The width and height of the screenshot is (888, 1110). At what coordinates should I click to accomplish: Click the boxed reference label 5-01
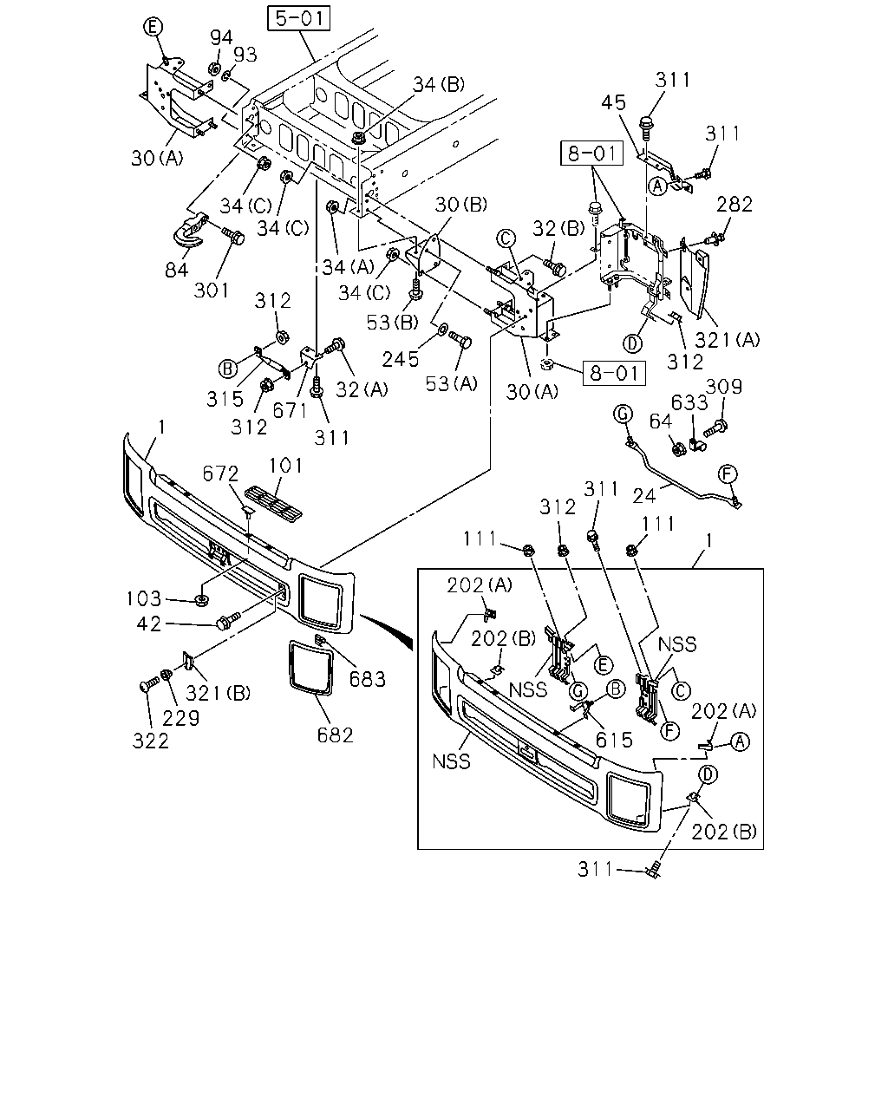coord(299,18)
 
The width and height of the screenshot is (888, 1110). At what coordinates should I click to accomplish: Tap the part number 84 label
coord(176,269)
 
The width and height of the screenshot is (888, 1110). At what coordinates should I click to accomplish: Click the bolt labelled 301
coord(232,237)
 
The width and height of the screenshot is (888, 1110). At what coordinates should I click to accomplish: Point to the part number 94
coord(221,37)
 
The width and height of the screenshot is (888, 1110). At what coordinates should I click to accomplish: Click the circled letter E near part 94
coord(153,27)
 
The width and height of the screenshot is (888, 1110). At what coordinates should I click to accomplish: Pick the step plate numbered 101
coord(273,499)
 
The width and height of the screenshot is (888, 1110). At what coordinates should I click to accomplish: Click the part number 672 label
coord(220,473)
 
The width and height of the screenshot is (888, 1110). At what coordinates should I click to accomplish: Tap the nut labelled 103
coord(201,599)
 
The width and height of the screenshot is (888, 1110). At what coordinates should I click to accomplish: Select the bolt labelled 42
coord(229,621)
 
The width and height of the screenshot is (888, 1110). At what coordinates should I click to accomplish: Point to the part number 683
coord(368,679)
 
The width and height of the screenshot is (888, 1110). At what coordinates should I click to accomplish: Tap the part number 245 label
coord(401,360)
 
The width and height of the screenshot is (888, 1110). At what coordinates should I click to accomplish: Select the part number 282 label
coord(735,205)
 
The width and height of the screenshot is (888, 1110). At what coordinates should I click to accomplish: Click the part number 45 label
coord(613,102)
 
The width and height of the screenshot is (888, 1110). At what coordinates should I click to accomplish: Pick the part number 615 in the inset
coord(614,741)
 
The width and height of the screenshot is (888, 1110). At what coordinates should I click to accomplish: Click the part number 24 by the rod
coord(644,496)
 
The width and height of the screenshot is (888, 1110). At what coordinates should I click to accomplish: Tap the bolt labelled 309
coord(715,428)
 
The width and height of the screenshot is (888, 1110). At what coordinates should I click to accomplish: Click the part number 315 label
coord(225,399)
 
